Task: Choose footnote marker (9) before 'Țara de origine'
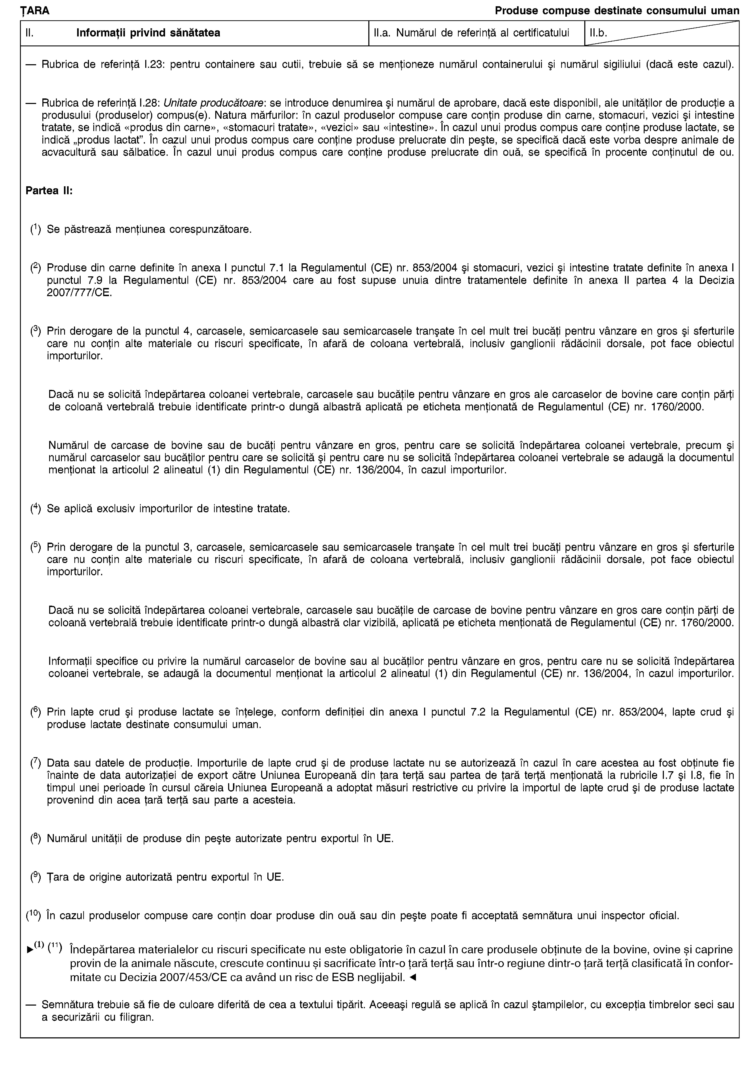pyautogui.click(x=35, y=877)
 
